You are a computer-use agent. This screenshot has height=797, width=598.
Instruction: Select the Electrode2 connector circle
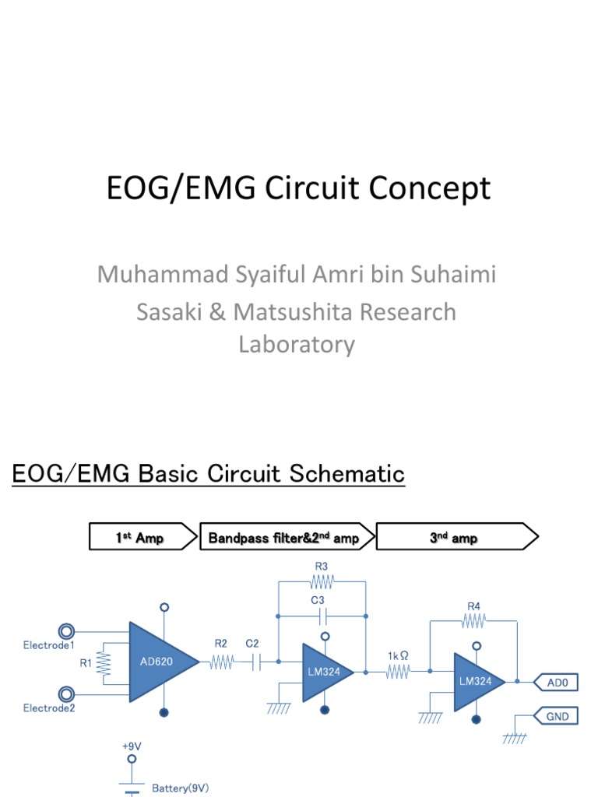[67, 693]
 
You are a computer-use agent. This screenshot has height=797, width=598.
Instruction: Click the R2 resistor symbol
[220, 662]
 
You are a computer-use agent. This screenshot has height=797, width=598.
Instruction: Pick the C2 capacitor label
[253, 644]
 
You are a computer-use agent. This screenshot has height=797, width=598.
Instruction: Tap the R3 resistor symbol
[321, 581]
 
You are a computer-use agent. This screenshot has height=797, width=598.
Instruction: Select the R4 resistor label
[473, 606]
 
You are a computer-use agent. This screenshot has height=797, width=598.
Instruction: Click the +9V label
[132, 746]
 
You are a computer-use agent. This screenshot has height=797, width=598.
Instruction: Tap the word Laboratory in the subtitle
[297, 344]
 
